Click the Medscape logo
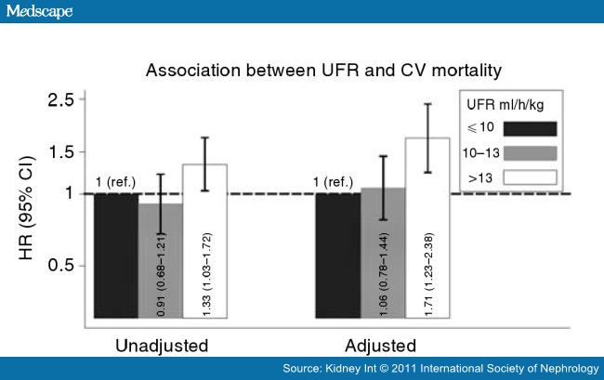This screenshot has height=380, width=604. coord(38,11)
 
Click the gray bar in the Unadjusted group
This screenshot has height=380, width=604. coord(161,265)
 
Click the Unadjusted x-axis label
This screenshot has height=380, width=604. coord(162,346)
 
